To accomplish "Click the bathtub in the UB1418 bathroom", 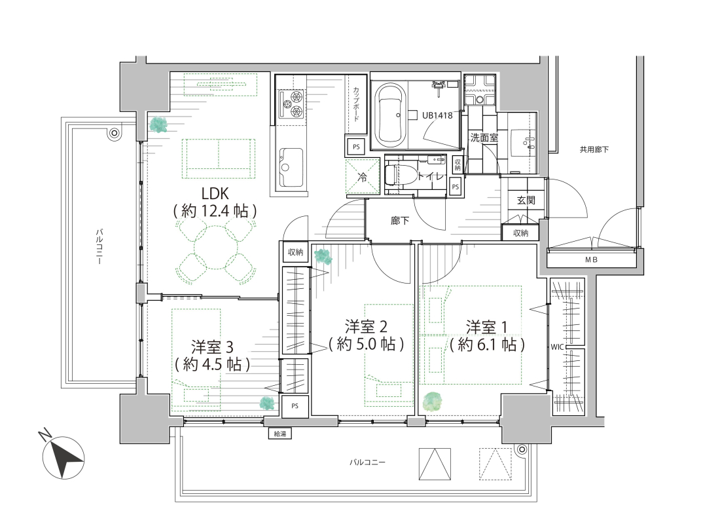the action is pos(390,114).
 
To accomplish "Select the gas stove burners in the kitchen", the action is pos(291,104).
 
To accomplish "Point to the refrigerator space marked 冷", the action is pos(363,177).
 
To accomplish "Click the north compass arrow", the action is pos(63,457).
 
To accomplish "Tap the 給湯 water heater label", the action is pos(279,433).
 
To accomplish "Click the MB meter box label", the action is pos(592,259).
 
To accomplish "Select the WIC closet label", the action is pos(557,347).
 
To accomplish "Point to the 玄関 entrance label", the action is pos(526,200).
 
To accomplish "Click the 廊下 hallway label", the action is pos(400,221).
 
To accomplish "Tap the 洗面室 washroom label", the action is pos(484,138).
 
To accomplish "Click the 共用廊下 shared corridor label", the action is pos(594,149).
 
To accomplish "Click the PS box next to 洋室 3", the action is pos(295,405).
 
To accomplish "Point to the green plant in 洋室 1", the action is pos(432,401).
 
